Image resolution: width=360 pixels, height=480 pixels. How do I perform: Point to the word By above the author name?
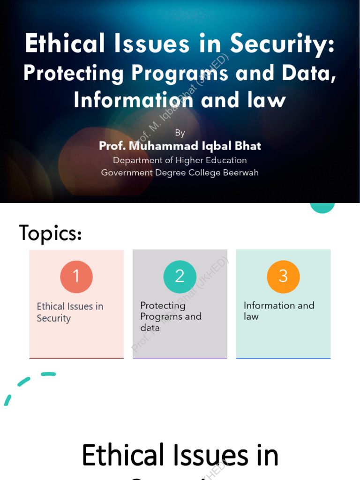180,133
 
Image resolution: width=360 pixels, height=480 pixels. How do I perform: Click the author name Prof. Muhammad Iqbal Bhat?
180,146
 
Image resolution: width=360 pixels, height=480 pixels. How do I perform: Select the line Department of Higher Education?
180,160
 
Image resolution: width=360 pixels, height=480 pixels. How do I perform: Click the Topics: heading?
51,233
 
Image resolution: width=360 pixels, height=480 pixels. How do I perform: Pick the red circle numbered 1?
76,277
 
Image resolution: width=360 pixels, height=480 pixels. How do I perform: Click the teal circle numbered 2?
180,277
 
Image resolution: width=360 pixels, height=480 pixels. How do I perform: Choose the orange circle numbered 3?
283,277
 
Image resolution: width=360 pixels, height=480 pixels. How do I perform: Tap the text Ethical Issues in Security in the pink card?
70,312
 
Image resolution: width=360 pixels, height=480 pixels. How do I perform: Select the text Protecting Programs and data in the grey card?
171,316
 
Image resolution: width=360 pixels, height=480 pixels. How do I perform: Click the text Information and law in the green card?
279,311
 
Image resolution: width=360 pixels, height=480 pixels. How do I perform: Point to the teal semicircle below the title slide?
322,207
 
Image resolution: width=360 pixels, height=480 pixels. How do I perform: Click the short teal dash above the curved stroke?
48,374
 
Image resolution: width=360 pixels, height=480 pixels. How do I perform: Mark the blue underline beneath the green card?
283,359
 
